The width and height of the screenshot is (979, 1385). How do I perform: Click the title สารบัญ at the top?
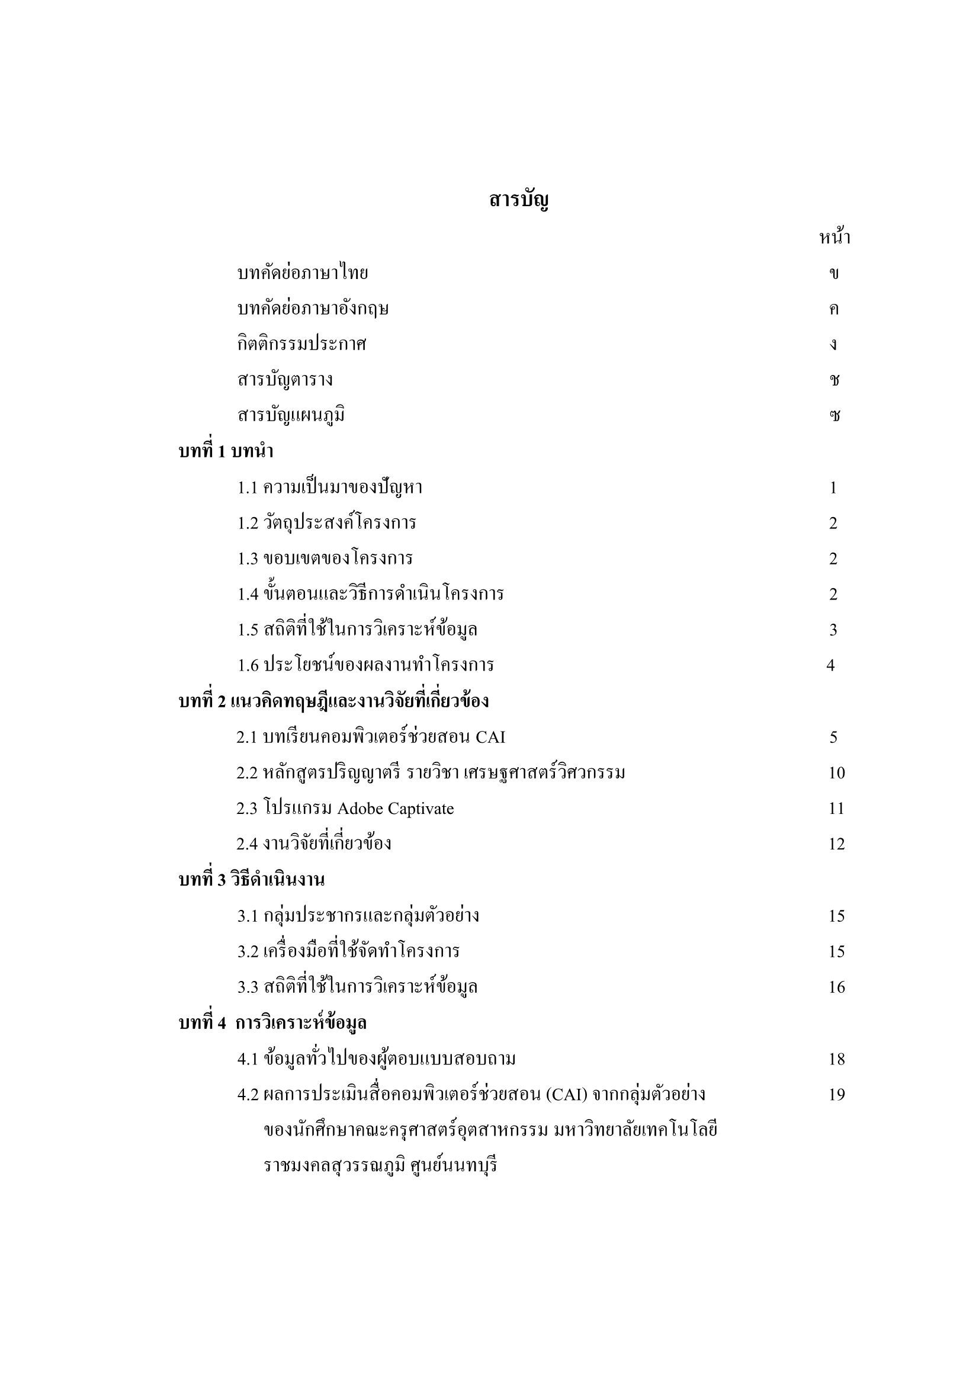(x=519, y=200)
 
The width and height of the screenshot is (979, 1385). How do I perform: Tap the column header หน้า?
(x=834, y=238)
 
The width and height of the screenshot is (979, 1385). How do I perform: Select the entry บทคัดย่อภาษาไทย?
(x=302, y=273)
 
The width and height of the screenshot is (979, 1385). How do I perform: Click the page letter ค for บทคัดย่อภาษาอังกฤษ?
(x=834, y=309)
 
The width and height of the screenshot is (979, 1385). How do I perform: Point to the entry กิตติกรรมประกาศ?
(x=301, y=344)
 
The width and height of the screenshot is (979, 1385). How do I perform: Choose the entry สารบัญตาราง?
(x=285, y=380)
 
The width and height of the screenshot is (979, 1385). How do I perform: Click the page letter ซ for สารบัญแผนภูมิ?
(x=834, y=416)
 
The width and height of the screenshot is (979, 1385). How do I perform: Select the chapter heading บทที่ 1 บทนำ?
(x=226, y=451)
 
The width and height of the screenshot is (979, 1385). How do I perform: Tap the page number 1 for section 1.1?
(x=833, y=488)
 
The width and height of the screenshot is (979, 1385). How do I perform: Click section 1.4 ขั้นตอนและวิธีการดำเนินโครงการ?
(x=370, y=594)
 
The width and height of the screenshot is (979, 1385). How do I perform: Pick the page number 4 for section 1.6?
(x=830, y=665)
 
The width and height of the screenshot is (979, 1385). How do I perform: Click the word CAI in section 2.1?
(x=490, y=737)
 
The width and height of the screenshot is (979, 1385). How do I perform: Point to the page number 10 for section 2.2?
(x=837, y=772)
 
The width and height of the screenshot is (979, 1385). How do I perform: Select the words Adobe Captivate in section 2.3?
(x=395, y=809)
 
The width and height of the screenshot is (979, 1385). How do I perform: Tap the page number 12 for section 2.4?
(x=837, y=844)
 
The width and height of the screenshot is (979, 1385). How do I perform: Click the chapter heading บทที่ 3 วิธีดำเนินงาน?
(x=252, y=880)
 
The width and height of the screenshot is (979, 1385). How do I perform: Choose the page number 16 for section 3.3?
(x=837, y=987)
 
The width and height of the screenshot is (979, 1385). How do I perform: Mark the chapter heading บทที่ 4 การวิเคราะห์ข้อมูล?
(x=272, y=1023)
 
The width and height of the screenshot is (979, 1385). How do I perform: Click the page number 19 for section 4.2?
(x=837, y=1094)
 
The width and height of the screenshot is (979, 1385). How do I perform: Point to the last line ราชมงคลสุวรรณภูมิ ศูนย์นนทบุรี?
(x=381, y=1165)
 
